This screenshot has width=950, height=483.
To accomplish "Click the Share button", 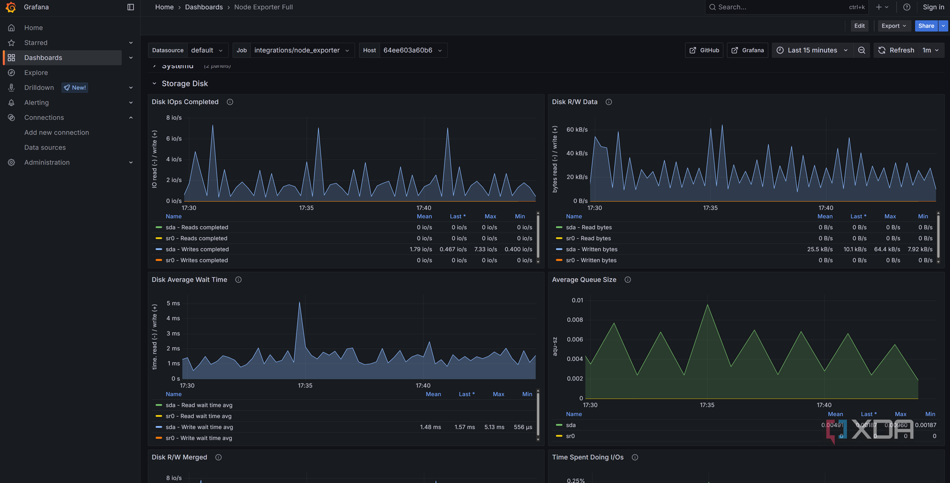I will coord(926,26).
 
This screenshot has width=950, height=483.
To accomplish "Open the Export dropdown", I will coord(894,26).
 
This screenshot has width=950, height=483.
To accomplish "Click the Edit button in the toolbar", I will coord(859,26).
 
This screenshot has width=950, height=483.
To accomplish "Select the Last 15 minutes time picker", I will coord(812,50).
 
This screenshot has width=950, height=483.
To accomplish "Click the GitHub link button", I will coord(704,50).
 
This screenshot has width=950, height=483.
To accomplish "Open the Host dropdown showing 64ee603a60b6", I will coord(412,50).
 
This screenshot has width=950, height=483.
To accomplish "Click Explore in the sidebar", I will coord(36,73).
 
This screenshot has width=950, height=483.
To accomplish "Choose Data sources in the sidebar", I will coord(45,147).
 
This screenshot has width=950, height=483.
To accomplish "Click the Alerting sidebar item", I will coord(36,102).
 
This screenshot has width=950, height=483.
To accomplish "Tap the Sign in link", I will coord(933,7).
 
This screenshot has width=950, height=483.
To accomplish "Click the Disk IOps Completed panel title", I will coord(185,102).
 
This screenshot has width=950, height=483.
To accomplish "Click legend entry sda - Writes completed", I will coord(197,249).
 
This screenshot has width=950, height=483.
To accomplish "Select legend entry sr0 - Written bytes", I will coord(591,260).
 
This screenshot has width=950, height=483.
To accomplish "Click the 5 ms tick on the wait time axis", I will coord(173,303).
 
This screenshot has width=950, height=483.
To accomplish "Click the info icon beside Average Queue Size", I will coord(628,280).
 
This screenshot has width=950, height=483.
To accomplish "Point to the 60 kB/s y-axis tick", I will coord(576,130).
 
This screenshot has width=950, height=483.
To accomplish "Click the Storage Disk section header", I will coord(184,83).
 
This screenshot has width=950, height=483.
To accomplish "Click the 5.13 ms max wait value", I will coord(494,427).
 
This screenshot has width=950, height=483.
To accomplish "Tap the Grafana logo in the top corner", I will coord(10,7).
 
